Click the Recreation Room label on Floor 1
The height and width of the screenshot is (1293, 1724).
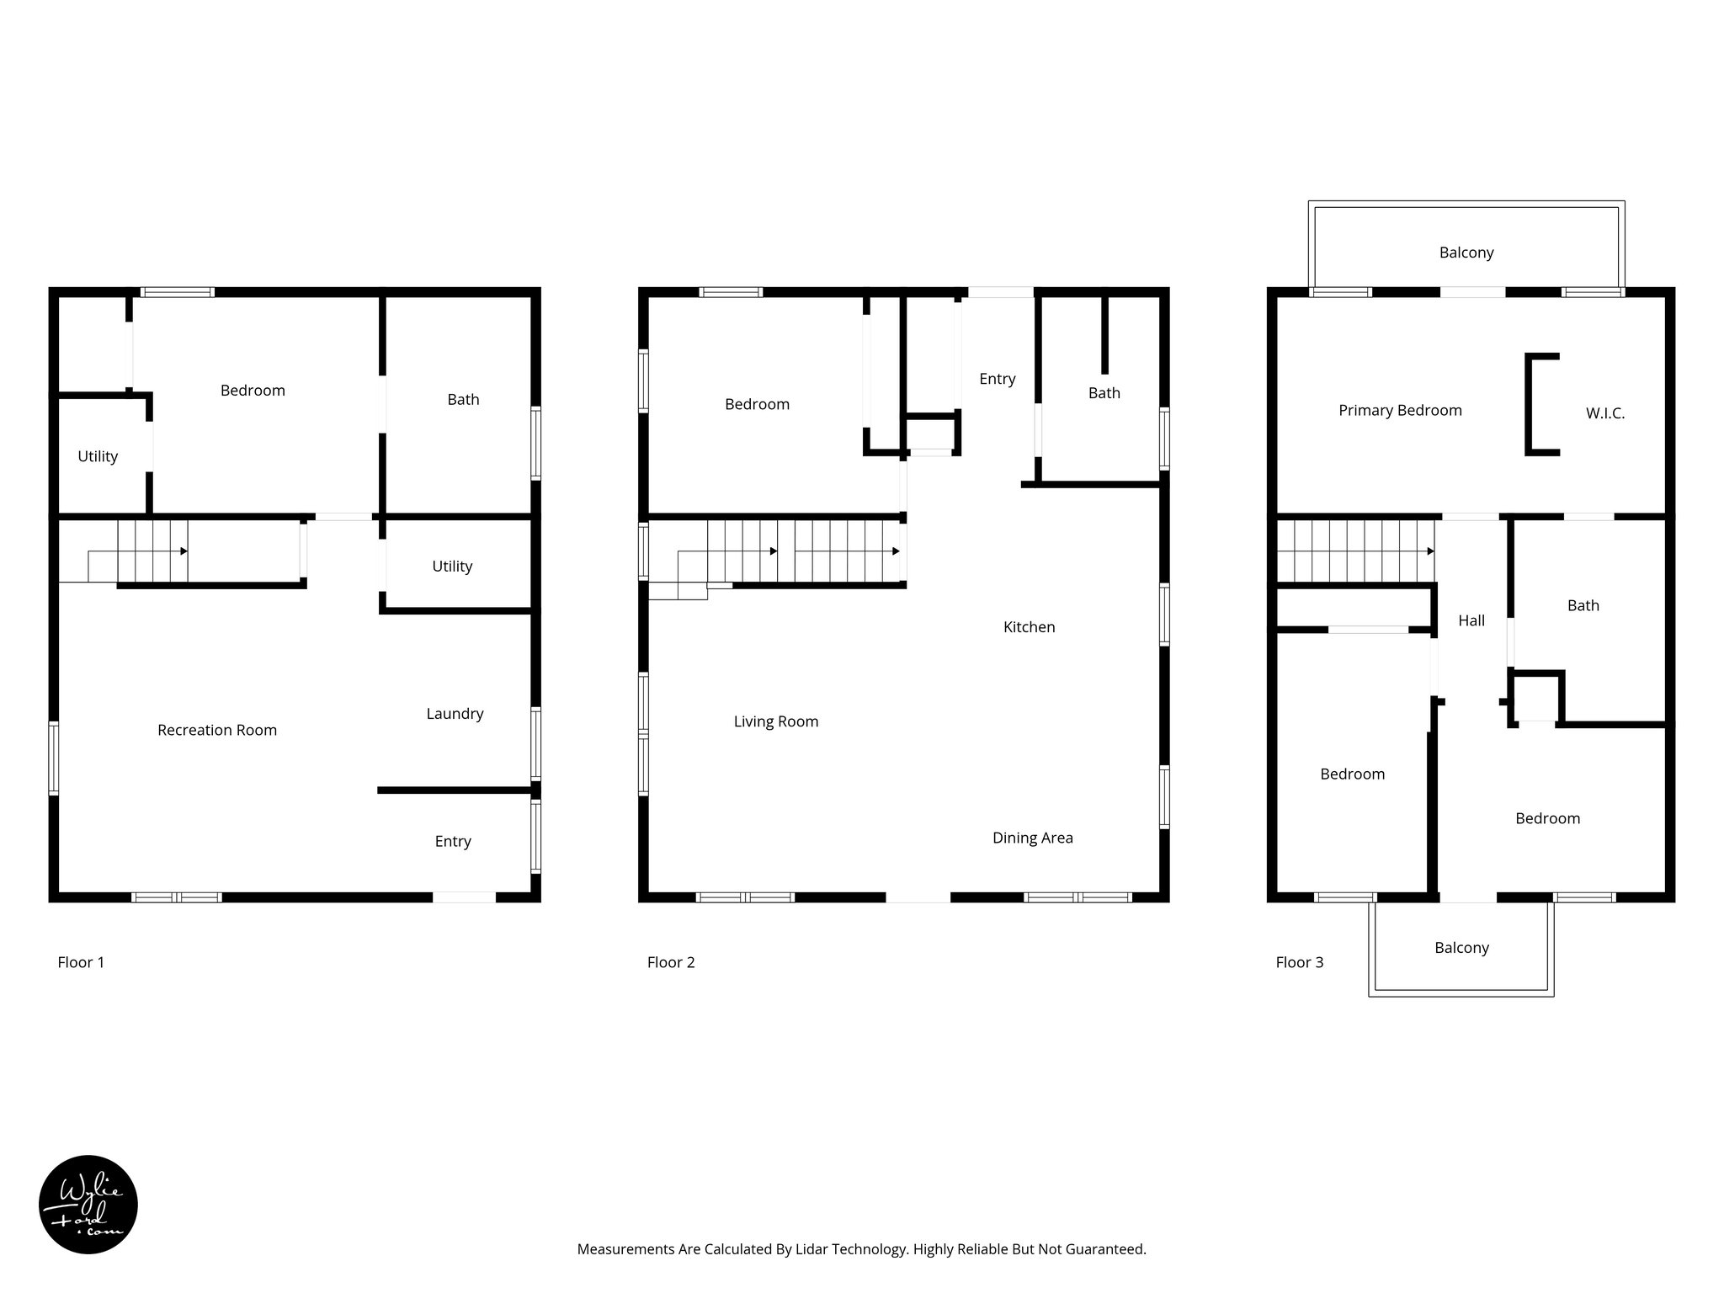pyautogui.click(x=217, y=730)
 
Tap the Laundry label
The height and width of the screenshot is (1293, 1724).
pyautogui.click(x=455, y=714)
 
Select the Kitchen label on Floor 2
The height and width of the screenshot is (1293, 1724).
pyautogui.click(x=1029, y=627)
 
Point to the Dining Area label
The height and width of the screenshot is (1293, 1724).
pyautogui.click(x=1032, y=838)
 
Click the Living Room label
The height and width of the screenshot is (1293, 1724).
pyautogui.click(x=775, y=721)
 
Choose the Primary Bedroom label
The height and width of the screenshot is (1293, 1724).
pyautogui.click(x=1400, y=411)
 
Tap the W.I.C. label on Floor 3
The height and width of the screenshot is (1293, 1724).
pyautogui.click(x=1604, y=413)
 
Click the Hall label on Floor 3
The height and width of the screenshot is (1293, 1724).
pyautogui.click(x=1471, y=621)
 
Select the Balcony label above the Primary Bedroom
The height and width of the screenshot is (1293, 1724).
pyautogui.click(x=1466, y=253)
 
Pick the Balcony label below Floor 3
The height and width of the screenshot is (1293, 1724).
pyautogui.click(x=1461, y=948)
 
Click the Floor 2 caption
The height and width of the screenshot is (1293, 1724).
pyautogui.click(x=670, y=962)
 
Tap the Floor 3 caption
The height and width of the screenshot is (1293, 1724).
pyautogui.click(x=1299, y=962)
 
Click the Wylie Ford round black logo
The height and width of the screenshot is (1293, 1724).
pyautogui.click(x=88, y=1204)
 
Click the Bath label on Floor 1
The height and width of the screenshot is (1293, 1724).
pyautogui.click(x=463, y=400)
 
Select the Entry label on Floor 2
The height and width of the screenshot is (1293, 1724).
pyautogui.click(x=997, y=379)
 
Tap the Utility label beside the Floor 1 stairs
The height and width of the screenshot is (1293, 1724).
pyautogui.click(x=452, y=567)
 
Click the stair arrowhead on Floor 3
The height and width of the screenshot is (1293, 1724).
pyautogui.click(x=1430, y=551)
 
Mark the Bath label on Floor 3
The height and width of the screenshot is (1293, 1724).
pyautogui.click(x=1583, y=606)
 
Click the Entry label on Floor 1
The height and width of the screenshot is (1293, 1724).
pyautogui.click(x=453, y=842)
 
